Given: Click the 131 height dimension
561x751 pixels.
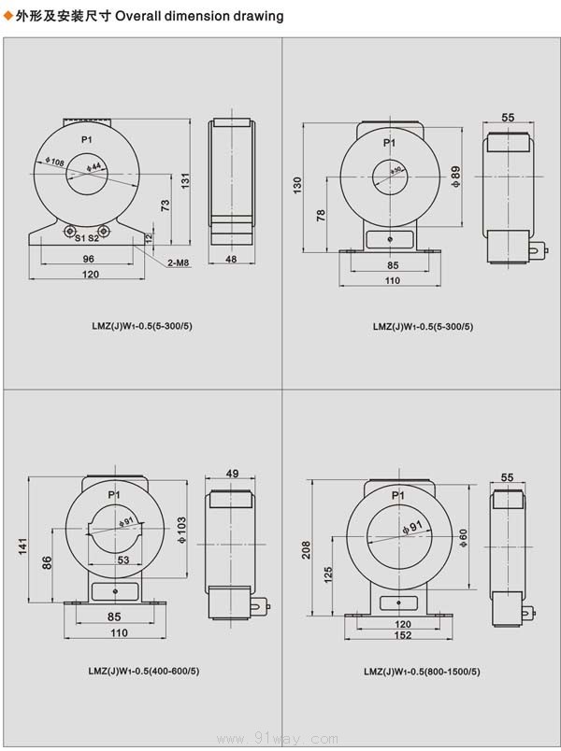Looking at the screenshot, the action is pyautogui.click(x=185, y=180).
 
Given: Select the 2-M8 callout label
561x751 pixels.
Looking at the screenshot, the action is pyautogui.click(x=179, y=262).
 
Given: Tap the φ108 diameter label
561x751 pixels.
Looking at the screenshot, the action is pyautogui.click(x=54, y=162).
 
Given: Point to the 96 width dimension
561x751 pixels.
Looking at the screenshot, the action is pyautogui.click(x=88, y=259).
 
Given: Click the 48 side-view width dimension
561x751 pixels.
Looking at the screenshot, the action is pyautogui.click(x=231, y=259).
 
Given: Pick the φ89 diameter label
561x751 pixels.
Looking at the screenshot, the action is pyautogui.click(x=456, y=177).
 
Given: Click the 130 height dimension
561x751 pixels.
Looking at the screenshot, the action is pyautogui.click(x=297, y=185).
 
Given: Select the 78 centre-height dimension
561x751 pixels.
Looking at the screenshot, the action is pyautogui.click(x=321, y=215).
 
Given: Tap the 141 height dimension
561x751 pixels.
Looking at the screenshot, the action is pyautogui.click(x=23, y=546).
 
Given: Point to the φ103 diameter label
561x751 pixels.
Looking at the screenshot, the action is pyautogui.click(x=181, y=530).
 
